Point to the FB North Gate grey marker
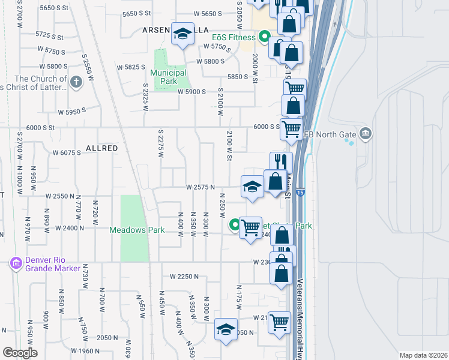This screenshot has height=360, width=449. (x=364, y=133)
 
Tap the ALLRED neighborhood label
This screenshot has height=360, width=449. (x=101, y=148)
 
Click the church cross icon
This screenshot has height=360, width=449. (x=76, y=83)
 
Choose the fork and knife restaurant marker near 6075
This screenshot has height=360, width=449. (x=281, y=162)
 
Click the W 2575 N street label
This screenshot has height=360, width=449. (x=200, y=187)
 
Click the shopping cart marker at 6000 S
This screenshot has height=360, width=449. (x=291, y=128)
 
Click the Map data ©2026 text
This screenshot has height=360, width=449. (x=423, y=355)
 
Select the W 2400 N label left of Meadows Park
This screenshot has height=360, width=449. (x=69, y=228)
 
